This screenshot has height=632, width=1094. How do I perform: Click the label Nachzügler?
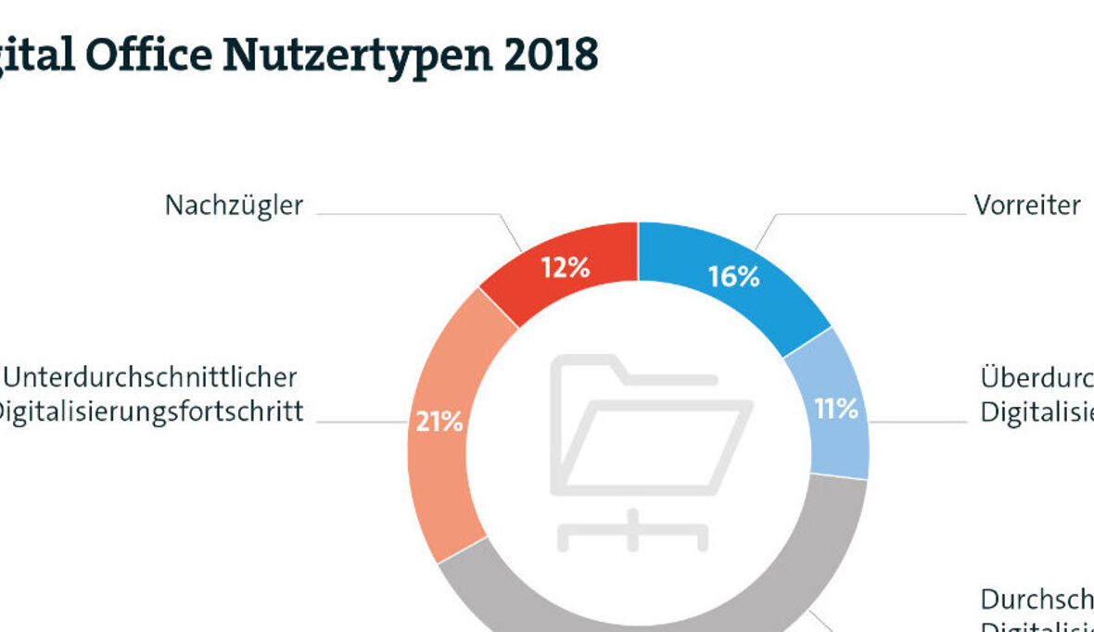[x=234, y=205]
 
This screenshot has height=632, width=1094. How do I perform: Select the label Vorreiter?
[x=1026, y=205]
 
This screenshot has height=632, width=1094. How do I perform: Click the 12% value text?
[x=566, y=268]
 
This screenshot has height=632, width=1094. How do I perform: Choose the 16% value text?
[x=733, y=276]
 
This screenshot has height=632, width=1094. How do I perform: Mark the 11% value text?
[x=836, y=409]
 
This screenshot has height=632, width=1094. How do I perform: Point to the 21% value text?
[x=439, y=422]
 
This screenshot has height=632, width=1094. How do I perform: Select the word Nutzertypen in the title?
[x=355, y=56]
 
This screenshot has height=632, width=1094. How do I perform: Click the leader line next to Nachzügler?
[x=408, y=214]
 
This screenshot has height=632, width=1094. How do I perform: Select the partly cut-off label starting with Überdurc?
[x=1037, y=377]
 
